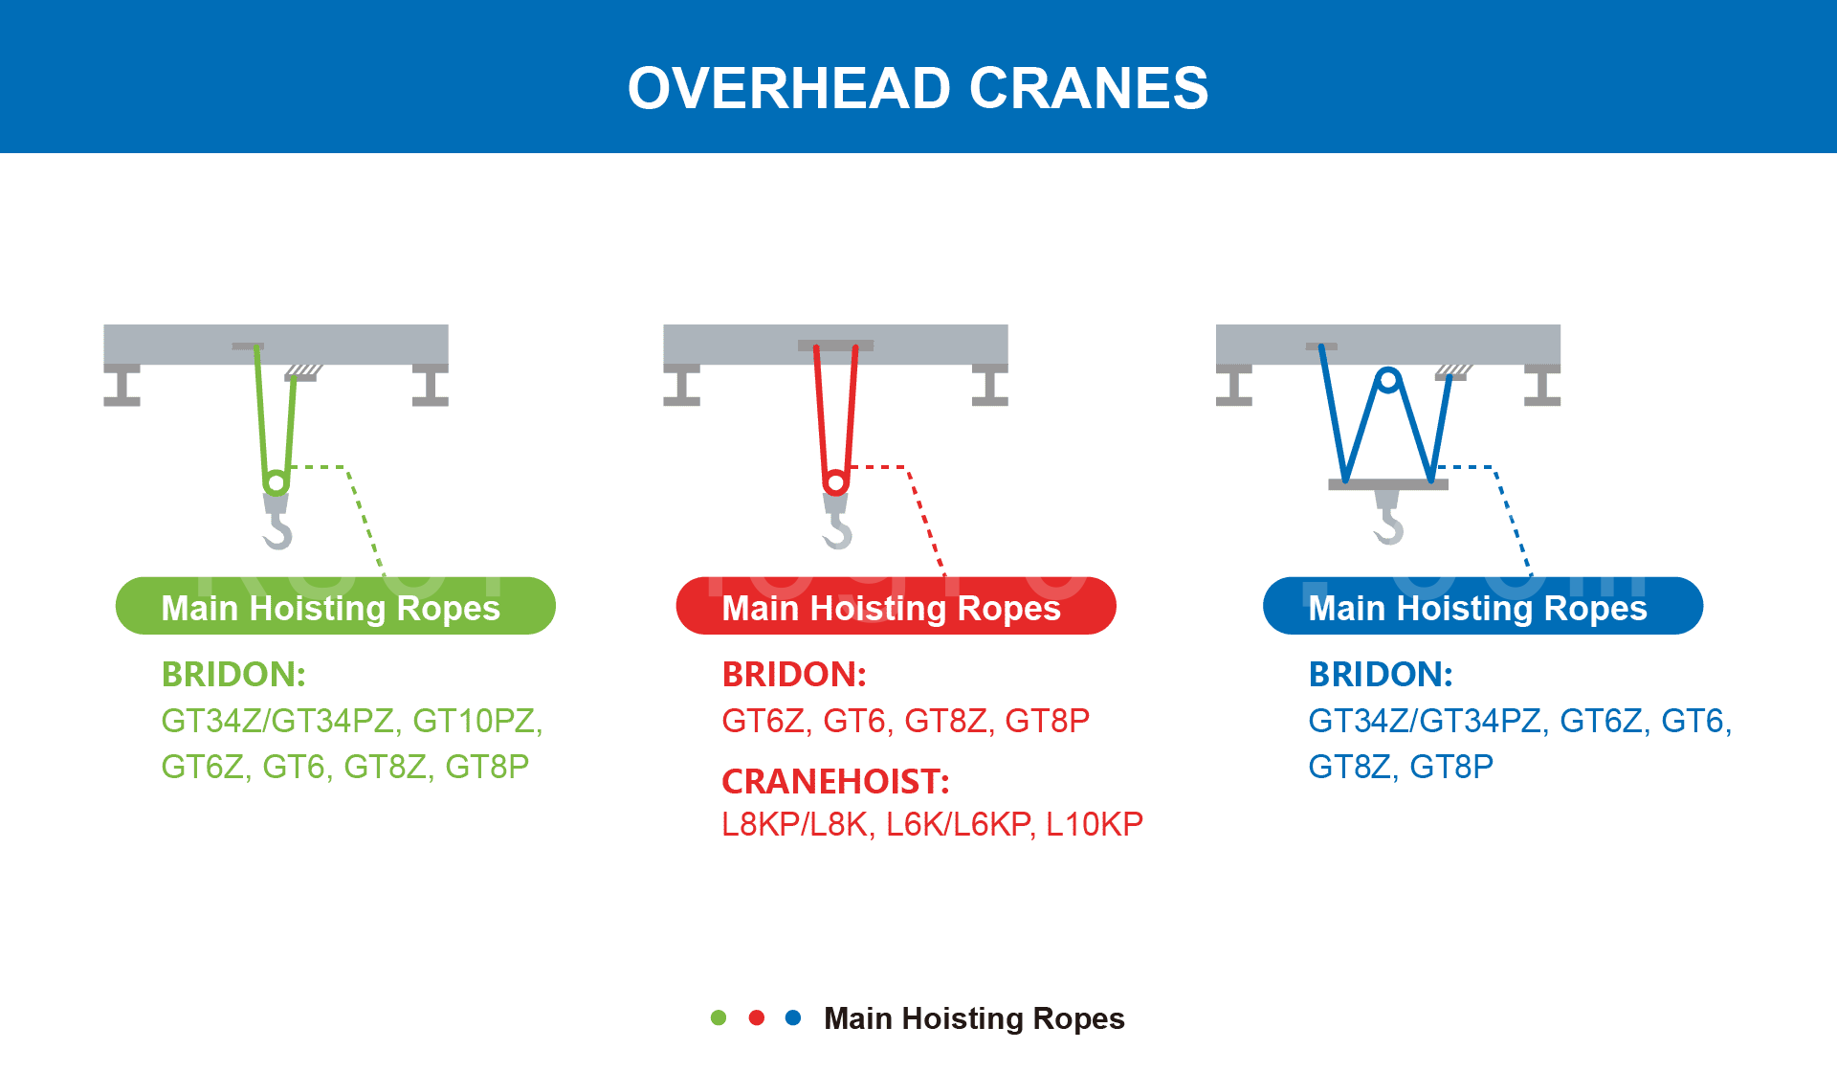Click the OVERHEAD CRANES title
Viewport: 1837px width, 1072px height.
click(x=918, y=88)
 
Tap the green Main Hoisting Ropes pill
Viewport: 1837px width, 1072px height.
click(x=335, y=606)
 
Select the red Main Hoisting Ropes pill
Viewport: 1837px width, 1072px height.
click(x=896, y=606)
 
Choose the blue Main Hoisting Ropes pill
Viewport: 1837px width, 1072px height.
click(x=1483, y=606)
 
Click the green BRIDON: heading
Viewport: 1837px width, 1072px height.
click(x=233, y=675)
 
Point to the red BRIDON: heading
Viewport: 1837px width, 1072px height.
click(x=794, y=675)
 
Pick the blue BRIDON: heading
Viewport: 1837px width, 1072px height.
click(x=1381, y=675)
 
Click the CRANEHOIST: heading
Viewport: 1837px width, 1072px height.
click(x=835, y=782)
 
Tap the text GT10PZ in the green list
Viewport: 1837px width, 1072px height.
click(x=477, y=721)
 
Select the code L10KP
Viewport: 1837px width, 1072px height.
click(x=1095, y=824)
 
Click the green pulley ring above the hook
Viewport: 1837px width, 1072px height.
click(x=276, y=472)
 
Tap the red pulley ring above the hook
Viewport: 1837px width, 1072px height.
click(x=835, y=472)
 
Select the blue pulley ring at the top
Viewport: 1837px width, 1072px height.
click(x=1388, y=369)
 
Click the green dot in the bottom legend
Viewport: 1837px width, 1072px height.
click(x=719, y=1017)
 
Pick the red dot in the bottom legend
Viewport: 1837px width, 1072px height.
click(x=757, y=1017)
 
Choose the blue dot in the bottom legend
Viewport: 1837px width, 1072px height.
click(x=793, y=1017)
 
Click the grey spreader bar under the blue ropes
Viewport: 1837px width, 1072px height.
click(x=1388, y=484)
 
